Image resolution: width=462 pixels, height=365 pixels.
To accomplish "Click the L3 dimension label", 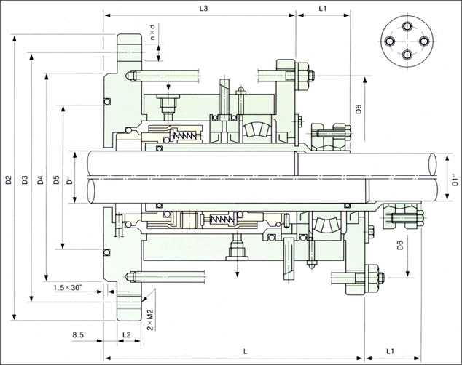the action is [203, 8].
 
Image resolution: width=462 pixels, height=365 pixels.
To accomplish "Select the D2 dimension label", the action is [9, 180].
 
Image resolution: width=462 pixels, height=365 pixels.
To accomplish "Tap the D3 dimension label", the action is [25, 180].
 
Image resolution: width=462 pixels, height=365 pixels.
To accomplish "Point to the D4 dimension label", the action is [40, 180].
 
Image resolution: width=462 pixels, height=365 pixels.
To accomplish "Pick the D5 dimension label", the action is [56, 180].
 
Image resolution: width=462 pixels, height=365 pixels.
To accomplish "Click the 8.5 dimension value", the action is [78, 334].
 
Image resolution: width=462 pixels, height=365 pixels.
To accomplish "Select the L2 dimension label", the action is [127, 334].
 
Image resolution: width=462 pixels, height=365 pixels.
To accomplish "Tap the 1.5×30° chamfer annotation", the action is [68, 287].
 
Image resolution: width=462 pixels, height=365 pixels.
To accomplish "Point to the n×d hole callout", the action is [152, 32].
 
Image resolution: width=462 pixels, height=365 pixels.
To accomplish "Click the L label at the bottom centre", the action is [245, 351].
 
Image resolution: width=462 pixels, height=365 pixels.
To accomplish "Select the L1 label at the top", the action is [323, 8].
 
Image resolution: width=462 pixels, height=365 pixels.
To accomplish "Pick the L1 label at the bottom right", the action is [390, 351].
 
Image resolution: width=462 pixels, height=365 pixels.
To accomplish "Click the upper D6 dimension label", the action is [359, 109].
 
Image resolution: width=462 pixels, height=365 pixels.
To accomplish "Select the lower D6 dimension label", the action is [400, 245].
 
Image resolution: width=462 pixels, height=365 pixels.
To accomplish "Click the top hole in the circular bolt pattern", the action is [407, 26].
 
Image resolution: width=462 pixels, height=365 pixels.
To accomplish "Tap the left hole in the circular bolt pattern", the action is [390, 41].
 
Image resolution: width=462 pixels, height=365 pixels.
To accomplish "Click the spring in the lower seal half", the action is [222, 220].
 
